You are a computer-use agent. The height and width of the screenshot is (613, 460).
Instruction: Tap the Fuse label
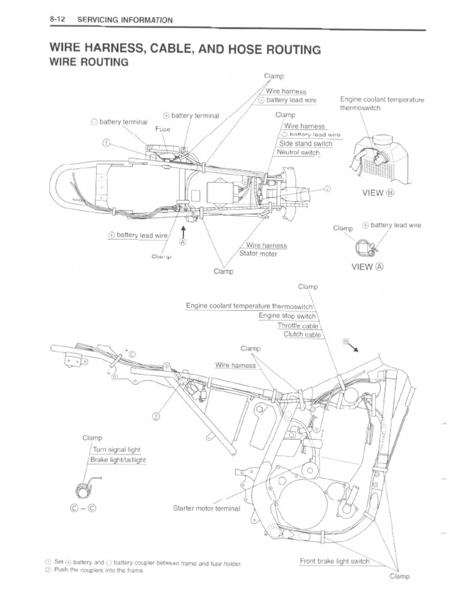click(163, 129)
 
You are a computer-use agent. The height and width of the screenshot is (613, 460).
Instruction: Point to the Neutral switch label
click(298, 153)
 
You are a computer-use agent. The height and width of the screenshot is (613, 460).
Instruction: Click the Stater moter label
click(259, 254)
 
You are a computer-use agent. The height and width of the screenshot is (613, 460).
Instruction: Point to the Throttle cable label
click(298, 325)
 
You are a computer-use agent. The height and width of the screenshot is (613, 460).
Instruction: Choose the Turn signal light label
click(117, 450)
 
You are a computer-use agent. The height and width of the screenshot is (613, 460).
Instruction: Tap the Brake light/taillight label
click(118, 460)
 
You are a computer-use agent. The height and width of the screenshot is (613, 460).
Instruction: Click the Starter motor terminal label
click(206, 509)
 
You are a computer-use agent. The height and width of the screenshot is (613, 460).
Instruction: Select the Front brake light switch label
click(334, 561)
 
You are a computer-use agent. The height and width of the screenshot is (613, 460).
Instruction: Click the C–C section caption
click(83, 509)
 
